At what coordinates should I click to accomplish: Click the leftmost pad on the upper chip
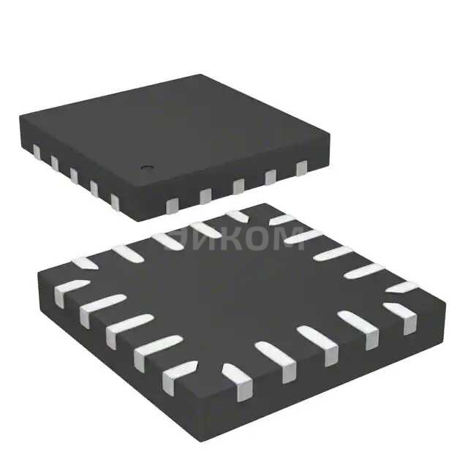tap(35, 151)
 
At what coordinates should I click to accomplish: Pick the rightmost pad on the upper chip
tap(301, 169)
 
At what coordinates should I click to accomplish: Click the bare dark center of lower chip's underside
tap(241, 300)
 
